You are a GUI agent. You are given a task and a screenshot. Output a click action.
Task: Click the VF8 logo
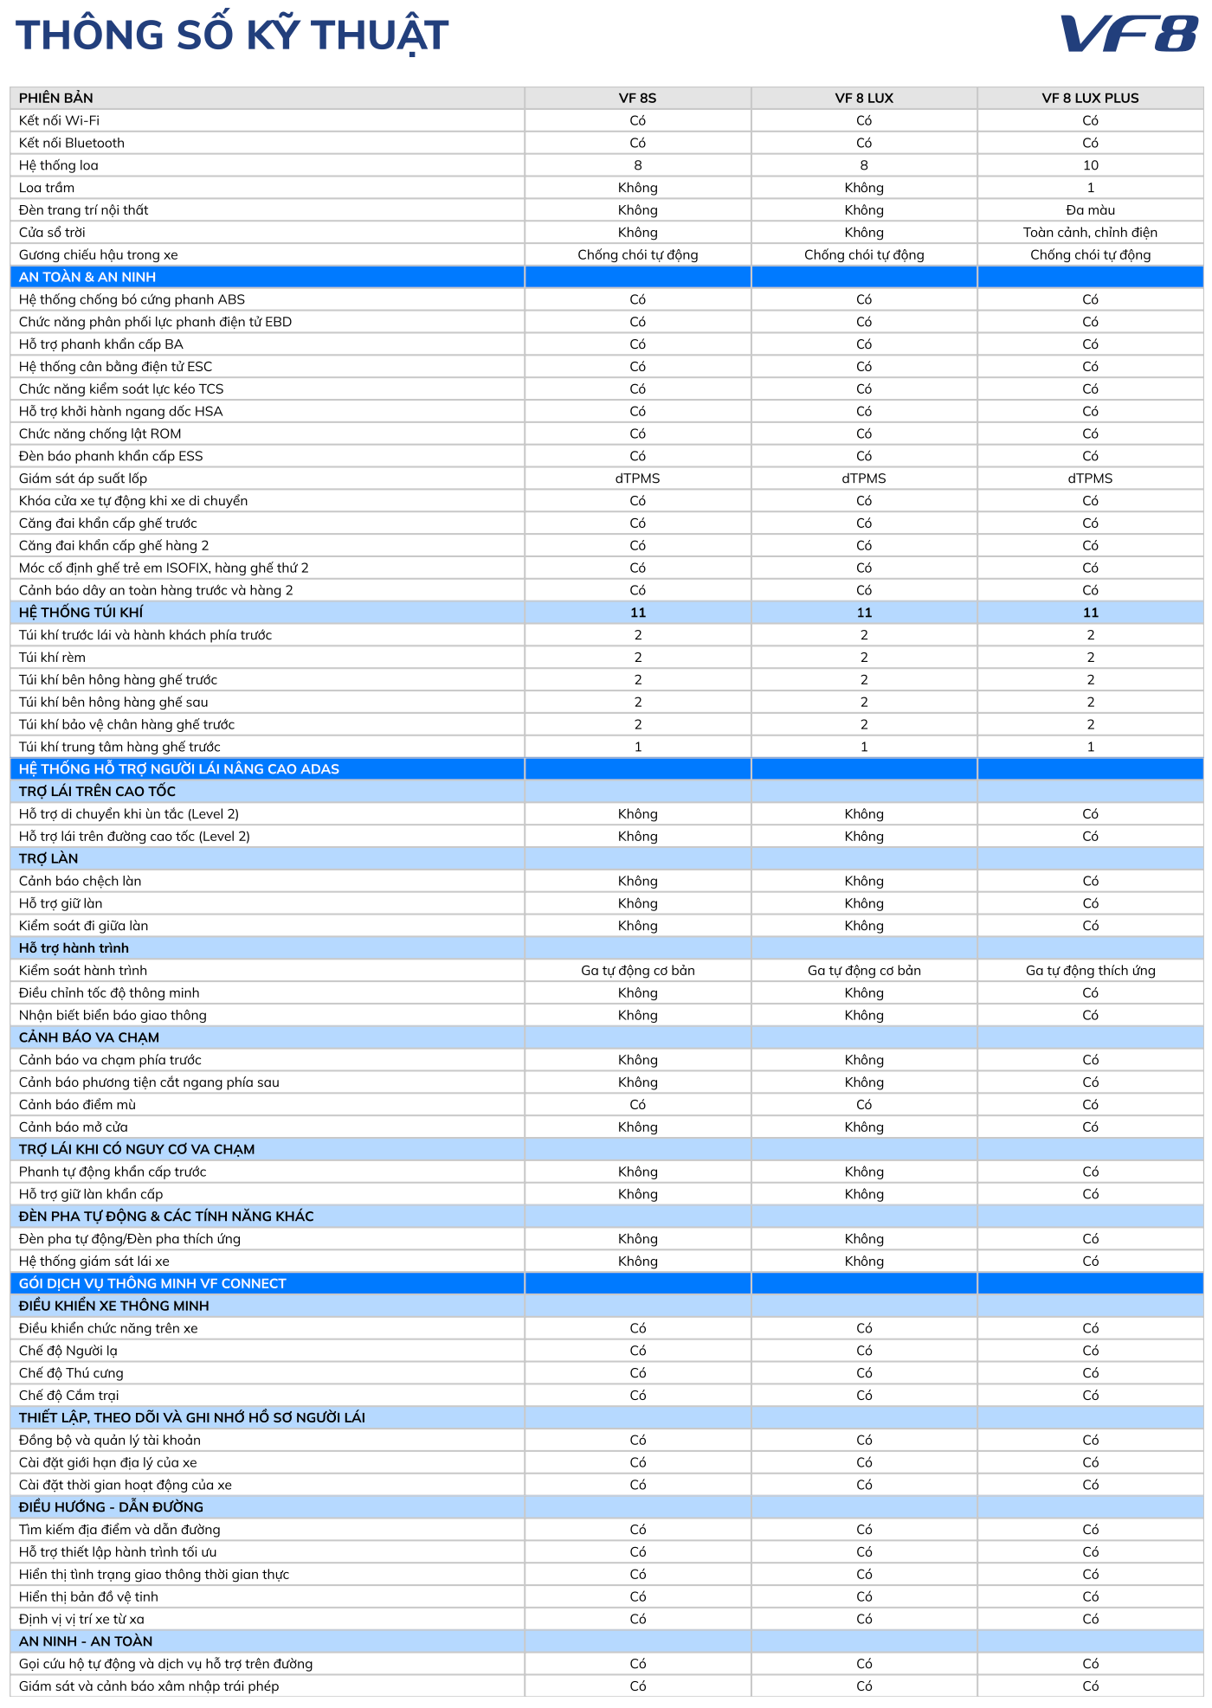coord(1129,35)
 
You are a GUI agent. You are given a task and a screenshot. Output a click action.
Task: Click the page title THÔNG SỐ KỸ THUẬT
coord(232,35)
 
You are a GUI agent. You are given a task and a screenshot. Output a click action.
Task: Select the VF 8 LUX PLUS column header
coord(1090,98)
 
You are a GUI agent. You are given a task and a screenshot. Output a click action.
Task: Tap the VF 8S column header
coord(637,98)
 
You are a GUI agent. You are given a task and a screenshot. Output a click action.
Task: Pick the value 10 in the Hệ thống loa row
coord(1090,165)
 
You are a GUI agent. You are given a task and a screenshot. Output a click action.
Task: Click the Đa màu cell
coord(1090,210)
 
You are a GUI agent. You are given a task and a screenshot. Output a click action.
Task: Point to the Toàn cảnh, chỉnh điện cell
coord(1090,233)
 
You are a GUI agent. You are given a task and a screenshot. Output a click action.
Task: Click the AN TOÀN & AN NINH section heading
coord(87,277)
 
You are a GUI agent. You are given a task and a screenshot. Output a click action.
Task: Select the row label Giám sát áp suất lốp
coord(83,478)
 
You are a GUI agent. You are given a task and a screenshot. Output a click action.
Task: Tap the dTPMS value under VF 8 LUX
coord(864,478)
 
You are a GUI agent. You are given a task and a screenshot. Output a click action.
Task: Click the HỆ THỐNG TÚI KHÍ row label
coord(81,613)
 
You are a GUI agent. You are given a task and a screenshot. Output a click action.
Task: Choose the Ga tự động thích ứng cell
coord(1090,971)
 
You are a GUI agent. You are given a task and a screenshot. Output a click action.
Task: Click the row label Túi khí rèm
coord(52,658)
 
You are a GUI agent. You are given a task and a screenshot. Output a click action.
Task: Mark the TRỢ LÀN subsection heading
coord(48,858)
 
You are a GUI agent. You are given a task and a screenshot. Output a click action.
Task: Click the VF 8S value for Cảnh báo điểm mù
coord(637,1105)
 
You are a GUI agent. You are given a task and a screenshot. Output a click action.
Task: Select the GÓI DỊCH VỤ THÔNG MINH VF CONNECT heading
coord(152,1284)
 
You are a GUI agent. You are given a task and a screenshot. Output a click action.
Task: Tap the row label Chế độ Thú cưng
coord(71,1373)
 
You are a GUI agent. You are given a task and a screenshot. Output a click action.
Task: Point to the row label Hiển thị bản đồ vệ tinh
coord(88,1597)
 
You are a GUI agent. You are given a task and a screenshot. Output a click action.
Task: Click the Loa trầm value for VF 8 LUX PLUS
coord(1090,188)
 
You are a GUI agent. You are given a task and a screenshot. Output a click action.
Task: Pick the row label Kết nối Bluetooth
coord(72,143)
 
